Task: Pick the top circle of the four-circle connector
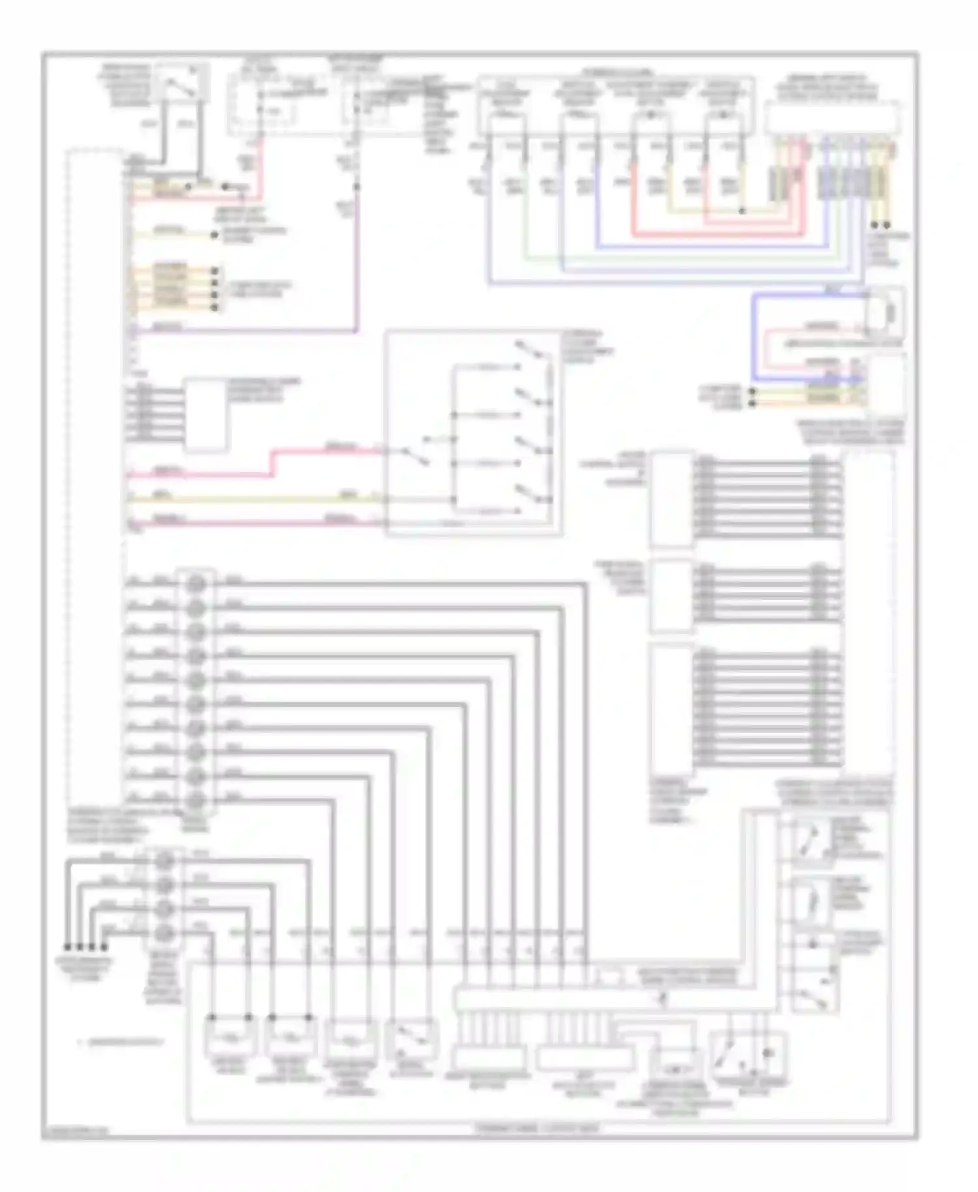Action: tap(166, 861)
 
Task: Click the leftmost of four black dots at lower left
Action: tap(67, 947)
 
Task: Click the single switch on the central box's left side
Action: tap(415, 456)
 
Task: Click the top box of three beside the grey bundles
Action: tap(672, 499)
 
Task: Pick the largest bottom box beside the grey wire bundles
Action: tap(672, 708)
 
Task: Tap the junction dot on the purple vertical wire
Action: tap(357, 188)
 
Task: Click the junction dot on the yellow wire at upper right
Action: tap(742, 211)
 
